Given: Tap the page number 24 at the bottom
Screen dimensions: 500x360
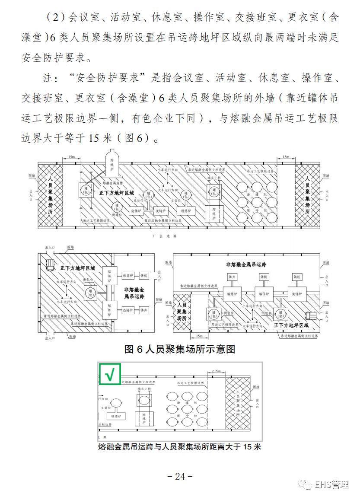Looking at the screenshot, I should point(180,476).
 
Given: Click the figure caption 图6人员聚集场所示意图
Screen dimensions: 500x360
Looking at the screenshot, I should point(180,349).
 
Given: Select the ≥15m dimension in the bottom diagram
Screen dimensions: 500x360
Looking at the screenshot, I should point(216,371).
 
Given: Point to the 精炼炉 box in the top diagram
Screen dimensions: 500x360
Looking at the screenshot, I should point(187,211).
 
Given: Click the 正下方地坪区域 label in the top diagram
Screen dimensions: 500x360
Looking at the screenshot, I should point(117,192).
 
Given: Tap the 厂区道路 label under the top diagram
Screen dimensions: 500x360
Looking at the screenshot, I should point(165,236).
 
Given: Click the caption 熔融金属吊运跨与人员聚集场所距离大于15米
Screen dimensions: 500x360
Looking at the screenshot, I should point(180,447).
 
